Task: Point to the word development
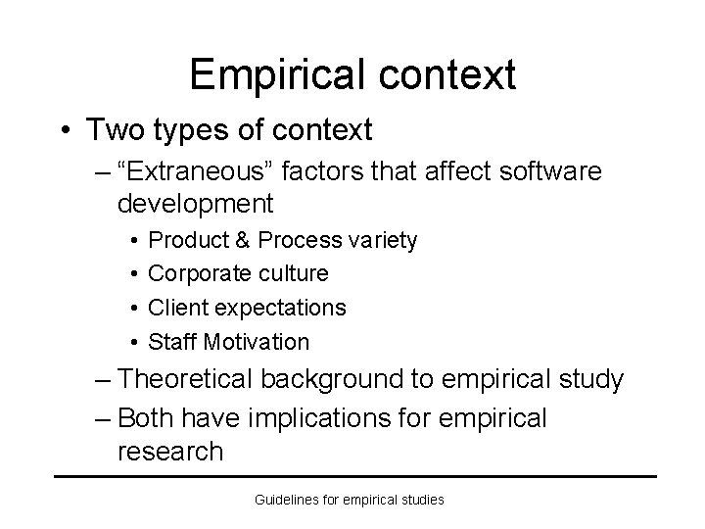pos(194,204)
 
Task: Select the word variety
pos(383,240)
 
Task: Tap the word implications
pos(324,418)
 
